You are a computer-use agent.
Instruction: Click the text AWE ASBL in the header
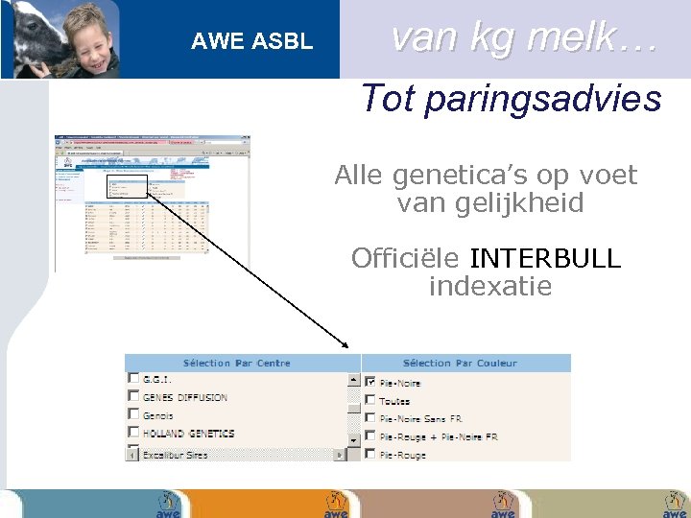pyautogui.click(x=251, y=41)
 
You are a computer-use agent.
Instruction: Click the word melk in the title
pyautogui.click(x=573, y=37)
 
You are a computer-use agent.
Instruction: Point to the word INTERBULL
pyautogui.click(x=545, y=259)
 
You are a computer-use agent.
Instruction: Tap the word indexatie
pyautogui.click(x=489, y=286)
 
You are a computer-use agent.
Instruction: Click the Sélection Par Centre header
pyautogui.click(x=236, y=364)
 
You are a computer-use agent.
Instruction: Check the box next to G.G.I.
pyautogui.click(x=133, y=379)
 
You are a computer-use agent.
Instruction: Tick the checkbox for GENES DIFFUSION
pyautogui.click(x=133, y=396)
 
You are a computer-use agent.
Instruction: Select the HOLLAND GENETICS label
pyautogui.click(x=188, y=434)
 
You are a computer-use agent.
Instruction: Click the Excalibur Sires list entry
pyautogui.click(x=175, y=455)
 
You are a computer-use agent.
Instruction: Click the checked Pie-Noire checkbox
pyautogui.click(x=370, y=382)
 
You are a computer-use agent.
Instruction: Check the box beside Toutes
pyautogui.click(x=370, y=400)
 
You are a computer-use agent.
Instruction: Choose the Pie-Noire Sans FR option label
pyautogui.click(x=420, y=419)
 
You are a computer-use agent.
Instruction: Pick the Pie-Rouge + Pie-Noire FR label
pyautogui.click(x=439, y=437)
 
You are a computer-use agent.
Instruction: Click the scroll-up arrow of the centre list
pyautogui.click(x=354, y=379)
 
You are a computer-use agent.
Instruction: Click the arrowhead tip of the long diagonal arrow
pyautogui.click(x=347, y=346)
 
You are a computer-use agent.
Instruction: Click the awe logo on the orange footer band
pyautogui.click(x=335, y=505)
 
